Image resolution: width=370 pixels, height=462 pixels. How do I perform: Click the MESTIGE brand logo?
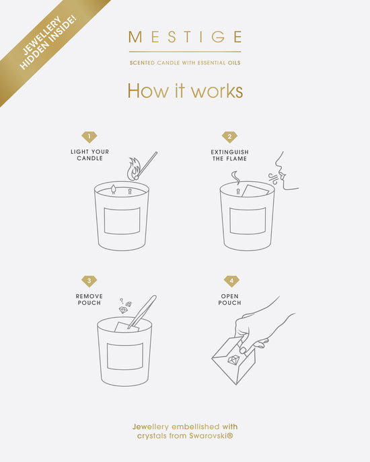coord(185,37)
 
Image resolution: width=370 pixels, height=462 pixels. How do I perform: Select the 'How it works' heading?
coord(185,91)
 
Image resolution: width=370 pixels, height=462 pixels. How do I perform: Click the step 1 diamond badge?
coord(89,137)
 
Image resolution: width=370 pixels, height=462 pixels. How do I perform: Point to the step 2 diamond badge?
coord(229,137)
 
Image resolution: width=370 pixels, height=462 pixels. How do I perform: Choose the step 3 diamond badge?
coord(89,281)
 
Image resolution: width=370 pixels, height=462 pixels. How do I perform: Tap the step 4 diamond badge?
coord(231,281)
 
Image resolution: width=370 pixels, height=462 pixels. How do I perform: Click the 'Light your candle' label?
coord(89,155)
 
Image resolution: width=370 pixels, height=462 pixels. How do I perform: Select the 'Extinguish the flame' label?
coord(230,155)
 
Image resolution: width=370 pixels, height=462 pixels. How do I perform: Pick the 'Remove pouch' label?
coord(89,299)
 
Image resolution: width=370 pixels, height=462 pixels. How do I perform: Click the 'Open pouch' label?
coord(230,299)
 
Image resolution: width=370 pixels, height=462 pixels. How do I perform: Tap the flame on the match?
coord(133,169)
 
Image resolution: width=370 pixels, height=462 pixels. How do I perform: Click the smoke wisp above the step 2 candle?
coord(235,177)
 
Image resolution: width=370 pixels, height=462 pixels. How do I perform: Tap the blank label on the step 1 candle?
coord(122,221)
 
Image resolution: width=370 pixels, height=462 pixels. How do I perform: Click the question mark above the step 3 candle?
coord(121,301)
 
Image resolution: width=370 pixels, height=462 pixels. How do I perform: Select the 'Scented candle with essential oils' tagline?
coord(185,62)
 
